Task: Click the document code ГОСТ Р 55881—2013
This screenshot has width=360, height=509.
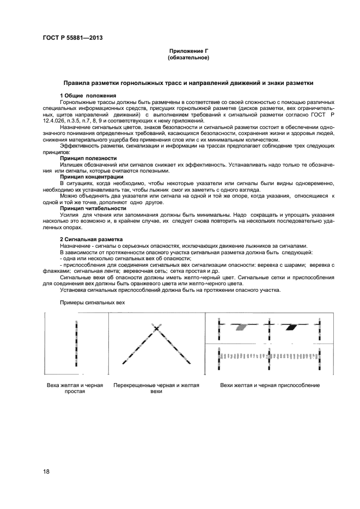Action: point(72,38)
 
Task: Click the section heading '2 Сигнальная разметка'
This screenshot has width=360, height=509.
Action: point(91,239)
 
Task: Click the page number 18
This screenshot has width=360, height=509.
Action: point(47,471)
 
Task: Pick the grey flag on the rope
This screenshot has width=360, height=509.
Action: point(241,327)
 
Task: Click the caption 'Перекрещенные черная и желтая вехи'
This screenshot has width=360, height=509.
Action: point(156,388)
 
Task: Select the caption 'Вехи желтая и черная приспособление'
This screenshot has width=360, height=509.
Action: point(270,385)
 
